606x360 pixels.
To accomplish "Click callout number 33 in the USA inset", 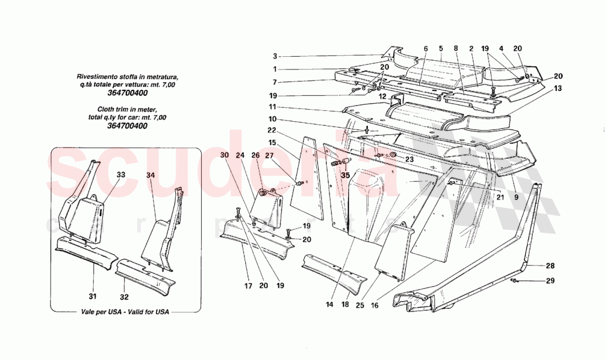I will pos(121,174).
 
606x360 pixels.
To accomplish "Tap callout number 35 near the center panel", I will pos(345,176).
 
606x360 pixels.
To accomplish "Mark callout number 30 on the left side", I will pos(224,155).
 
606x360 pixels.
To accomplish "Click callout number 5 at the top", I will pos(441,49).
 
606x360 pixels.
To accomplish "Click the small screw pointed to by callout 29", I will pos(513,281).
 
